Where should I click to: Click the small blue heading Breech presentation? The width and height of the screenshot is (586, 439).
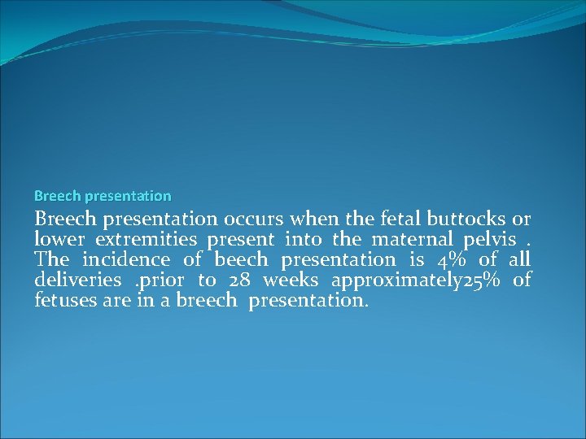(103, 196)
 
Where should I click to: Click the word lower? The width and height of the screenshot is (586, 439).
(59, 240)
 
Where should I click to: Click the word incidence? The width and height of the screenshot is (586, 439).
(126, 260)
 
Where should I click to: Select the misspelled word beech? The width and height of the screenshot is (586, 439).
(241, 260)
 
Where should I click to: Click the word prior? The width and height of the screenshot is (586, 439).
(159, 280)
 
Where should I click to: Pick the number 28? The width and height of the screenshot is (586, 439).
(240, 280)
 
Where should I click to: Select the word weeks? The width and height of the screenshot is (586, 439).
(291, 280)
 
